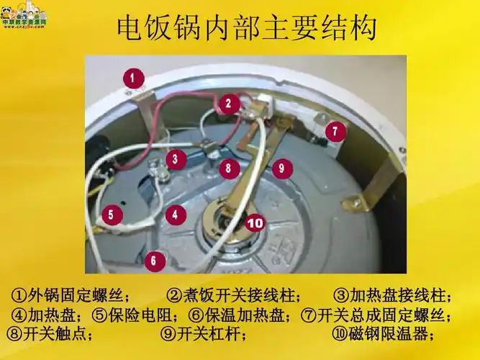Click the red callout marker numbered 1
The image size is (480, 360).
pyautogui.click(x=133, y=78)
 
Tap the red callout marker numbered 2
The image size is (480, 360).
pyautogui.click(x=229, y=104)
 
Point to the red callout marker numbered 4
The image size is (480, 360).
pyautogui.click(x=175, y=214)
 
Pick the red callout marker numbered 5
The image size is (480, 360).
pyautogui.click(x=110, y=214)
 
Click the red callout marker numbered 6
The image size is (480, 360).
pyautogui.click(x=153, y=260)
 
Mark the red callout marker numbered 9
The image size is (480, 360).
pyautogui.click(x=281, y=168)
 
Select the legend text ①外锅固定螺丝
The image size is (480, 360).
pyautogui.click(x=70, y=296)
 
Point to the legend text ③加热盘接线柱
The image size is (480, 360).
pyautogui.click(x=394, y=296)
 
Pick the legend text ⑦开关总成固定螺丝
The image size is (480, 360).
pyautogui.click(x=376, y=315)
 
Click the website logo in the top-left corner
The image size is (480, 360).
pyautogui.click(x=24, y=14)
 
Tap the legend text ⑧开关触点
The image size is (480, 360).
pyautogui.click(x=49, y=335)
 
